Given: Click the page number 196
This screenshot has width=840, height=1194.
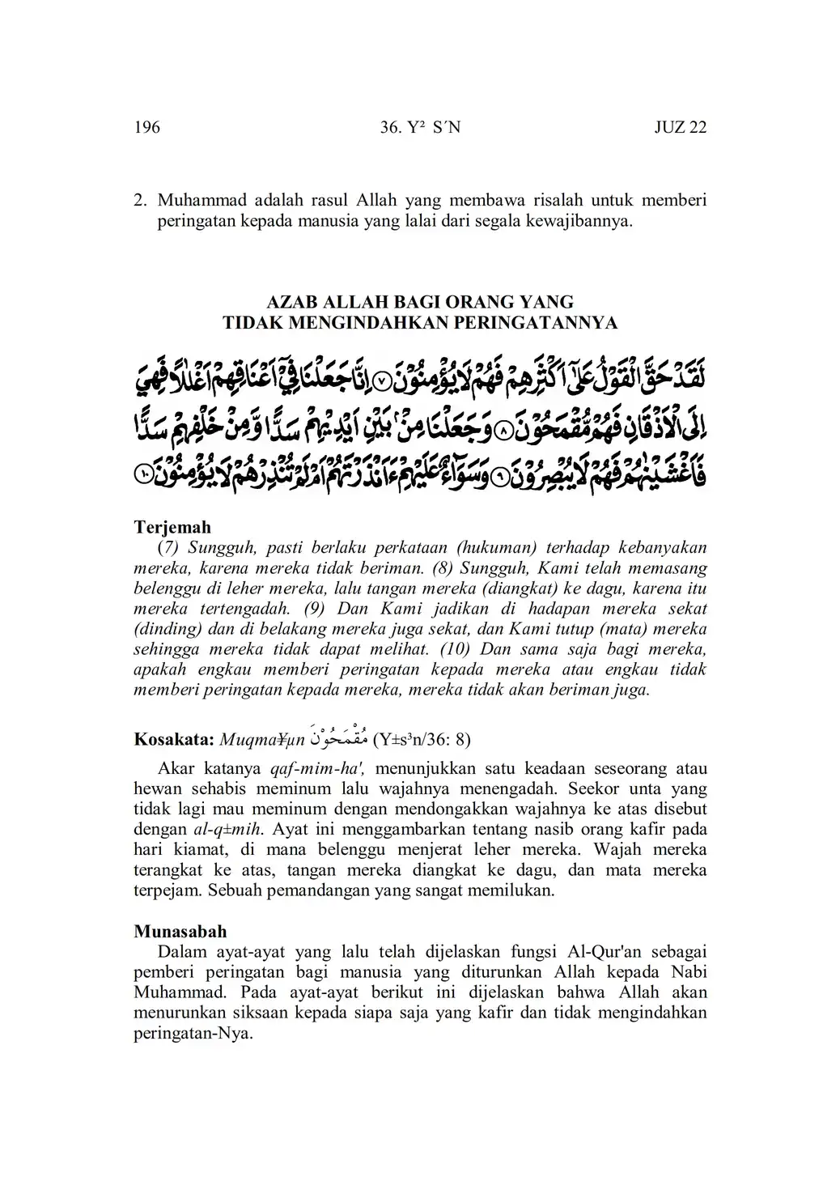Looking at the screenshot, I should pos(147,127).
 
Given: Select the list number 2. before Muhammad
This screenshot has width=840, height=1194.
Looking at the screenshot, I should pos(140,199).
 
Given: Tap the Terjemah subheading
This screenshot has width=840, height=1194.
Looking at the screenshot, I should pos(172,527).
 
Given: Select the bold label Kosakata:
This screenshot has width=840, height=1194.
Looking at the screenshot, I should pos(174,739).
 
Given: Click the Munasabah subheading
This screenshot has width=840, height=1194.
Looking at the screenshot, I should pos(180,931).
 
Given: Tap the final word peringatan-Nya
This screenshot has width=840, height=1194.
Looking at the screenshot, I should pos(193,1034).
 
